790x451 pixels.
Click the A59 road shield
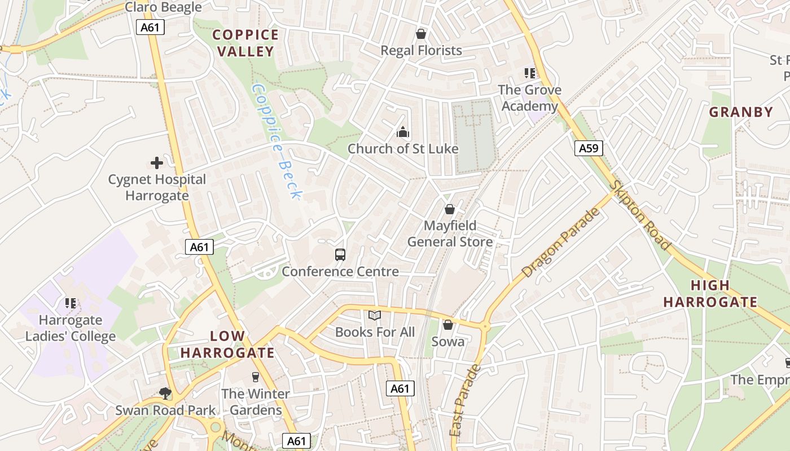589,148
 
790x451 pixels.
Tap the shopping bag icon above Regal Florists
420,34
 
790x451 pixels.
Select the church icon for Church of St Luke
403,132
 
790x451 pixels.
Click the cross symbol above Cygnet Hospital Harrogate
157,163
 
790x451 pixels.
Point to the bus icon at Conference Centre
340,255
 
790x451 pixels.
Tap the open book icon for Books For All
375,316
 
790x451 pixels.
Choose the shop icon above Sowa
447,325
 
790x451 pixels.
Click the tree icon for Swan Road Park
165,393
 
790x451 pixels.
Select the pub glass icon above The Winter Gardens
255,377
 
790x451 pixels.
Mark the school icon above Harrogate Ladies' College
71,303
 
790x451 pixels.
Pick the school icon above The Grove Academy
529,73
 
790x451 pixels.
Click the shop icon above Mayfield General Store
450,209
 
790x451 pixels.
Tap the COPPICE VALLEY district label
245,43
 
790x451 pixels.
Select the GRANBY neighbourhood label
741,112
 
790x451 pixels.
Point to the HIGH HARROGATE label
710,294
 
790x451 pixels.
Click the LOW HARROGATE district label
227,345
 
